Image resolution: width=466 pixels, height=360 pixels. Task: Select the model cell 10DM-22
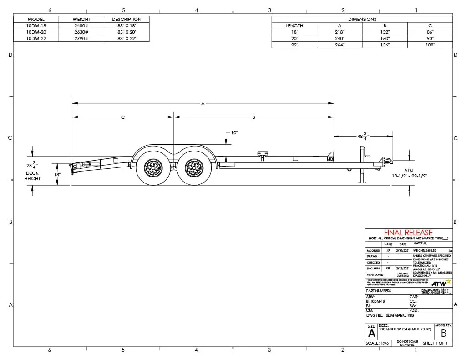click(36, 39)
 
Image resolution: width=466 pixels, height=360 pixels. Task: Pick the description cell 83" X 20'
click(127, 32)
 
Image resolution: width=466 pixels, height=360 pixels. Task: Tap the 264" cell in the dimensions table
click(339, 45)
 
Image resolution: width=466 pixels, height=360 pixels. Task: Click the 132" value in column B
click(385, 32)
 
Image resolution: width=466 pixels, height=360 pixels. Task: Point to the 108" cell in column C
click(430, 45)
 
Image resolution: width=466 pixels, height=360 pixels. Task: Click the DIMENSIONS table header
click(362, 20)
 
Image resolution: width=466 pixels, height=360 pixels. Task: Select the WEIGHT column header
click(82, 20)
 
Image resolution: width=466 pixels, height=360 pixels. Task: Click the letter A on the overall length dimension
click(203, 104)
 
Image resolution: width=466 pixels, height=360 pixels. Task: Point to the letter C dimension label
click(123, 117)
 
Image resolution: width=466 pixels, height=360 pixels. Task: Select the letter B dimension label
click(253, 117)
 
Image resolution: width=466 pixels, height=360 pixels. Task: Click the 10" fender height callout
click(234, 133)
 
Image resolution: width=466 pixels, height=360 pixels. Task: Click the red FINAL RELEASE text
click(408, 233)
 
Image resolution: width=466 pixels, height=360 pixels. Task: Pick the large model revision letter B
click(443, 333)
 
